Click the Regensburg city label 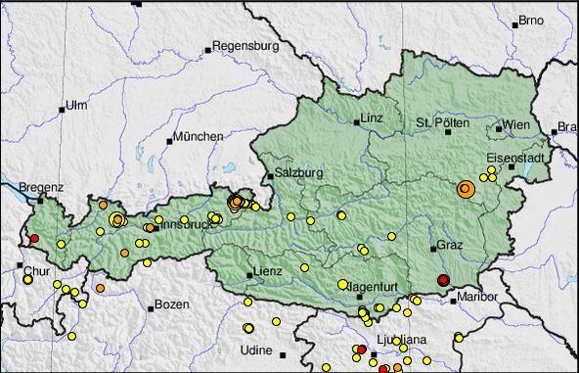(x=246, y=45)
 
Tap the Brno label (x=532, y=20)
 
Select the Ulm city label (x=76, y=105)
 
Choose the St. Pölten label (x=443, y=122)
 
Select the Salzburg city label (x=298, y=171)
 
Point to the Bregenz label (x=42, y=185)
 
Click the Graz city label (x=449, y=244)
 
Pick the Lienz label (x=267, y=271)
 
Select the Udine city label (x=256, y=350)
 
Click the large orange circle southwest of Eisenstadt (x=466, y=188)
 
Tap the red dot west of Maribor (x=443, y=281)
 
